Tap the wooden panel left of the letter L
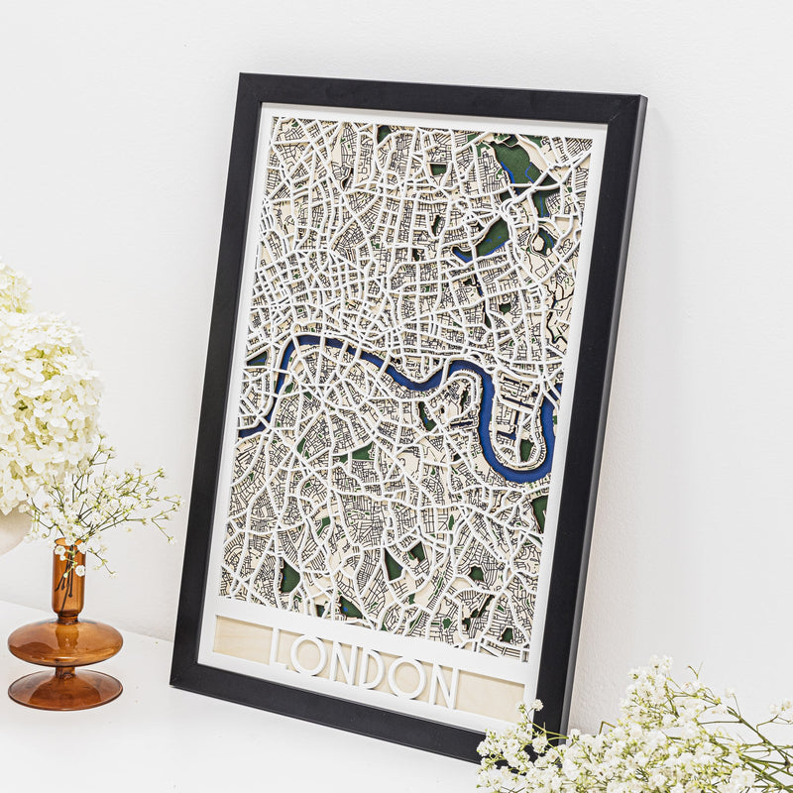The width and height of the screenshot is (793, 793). point(241,639)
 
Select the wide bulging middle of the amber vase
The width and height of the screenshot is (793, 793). point(65,641)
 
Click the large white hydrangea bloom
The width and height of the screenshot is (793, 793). point(45,396)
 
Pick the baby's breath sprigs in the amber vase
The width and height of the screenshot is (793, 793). point(109,506)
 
